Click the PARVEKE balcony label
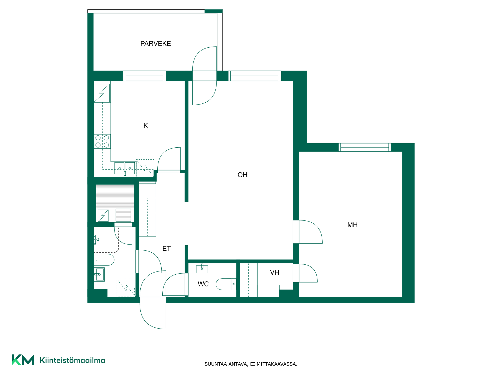click(156, 44)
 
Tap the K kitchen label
click(146, 126)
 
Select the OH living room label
click(242, 175)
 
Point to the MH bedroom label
click(352, 225)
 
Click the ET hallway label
click(167, 249)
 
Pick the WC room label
click(203, 284)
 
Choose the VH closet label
click(275, 273)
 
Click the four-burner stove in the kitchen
click(102, 141)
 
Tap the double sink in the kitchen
click(125, 168)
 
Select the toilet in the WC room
click(226, 284)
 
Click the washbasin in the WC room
click(202, 269)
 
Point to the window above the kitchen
click(144, 76)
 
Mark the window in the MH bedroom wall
click(365, 147)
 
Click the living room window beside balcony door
click(255, 76)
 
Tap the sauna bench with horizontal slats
click(115, 197)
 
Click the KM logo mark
click(23, 360)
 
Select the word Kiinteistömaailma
click(72, 360)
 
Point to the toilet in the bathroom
click(104, 260)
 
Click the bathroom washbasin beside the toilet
click(99, 274)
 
